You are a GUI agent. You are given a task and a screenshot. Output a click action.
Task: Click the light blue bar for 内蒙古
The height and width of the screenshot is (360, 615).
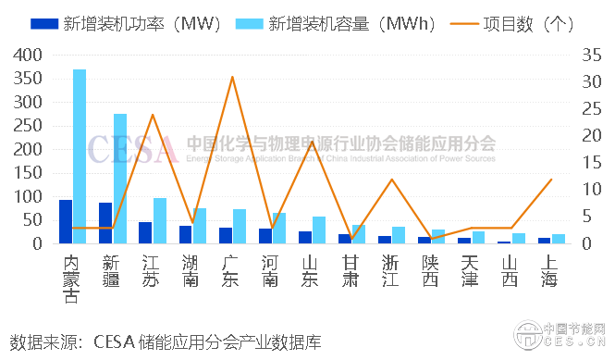point(80,157)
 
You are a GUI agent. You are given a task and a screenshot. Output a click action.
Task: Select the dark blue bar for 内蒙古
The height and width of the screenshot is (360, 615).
point(66,222)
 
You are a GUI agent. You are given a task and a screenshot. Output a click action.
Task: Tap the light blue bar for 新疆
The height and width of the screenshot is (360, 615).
point(120,180)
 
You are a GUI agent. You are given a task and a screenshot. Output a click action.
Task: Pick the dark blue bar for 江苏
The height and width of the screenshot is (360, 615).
point(145,233)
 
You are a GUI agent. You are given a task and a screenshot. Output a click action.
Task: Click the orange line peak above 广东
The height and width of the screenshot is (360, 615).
point(232,77)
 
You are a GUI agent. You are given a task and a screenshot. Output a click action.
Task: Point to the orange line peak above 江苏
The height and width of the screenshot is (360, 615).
point(153,115)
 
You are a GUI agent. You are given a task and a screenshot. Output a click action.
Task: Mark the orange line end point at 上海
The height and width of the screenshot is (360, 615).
point(551,180)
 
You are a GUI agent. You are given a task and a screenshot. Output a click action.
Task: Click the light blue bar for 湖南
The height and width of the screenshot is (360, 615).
point(200,227)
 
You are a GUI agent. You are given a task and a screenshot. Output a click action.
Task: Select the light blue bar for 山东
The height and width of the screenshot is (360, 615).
point(319,230)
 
